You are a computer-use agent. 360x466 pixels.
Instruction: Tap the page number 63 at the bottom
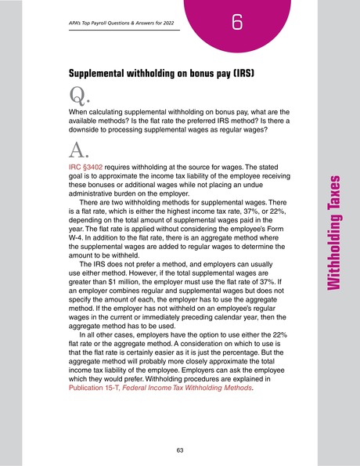tap(180, 450)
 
